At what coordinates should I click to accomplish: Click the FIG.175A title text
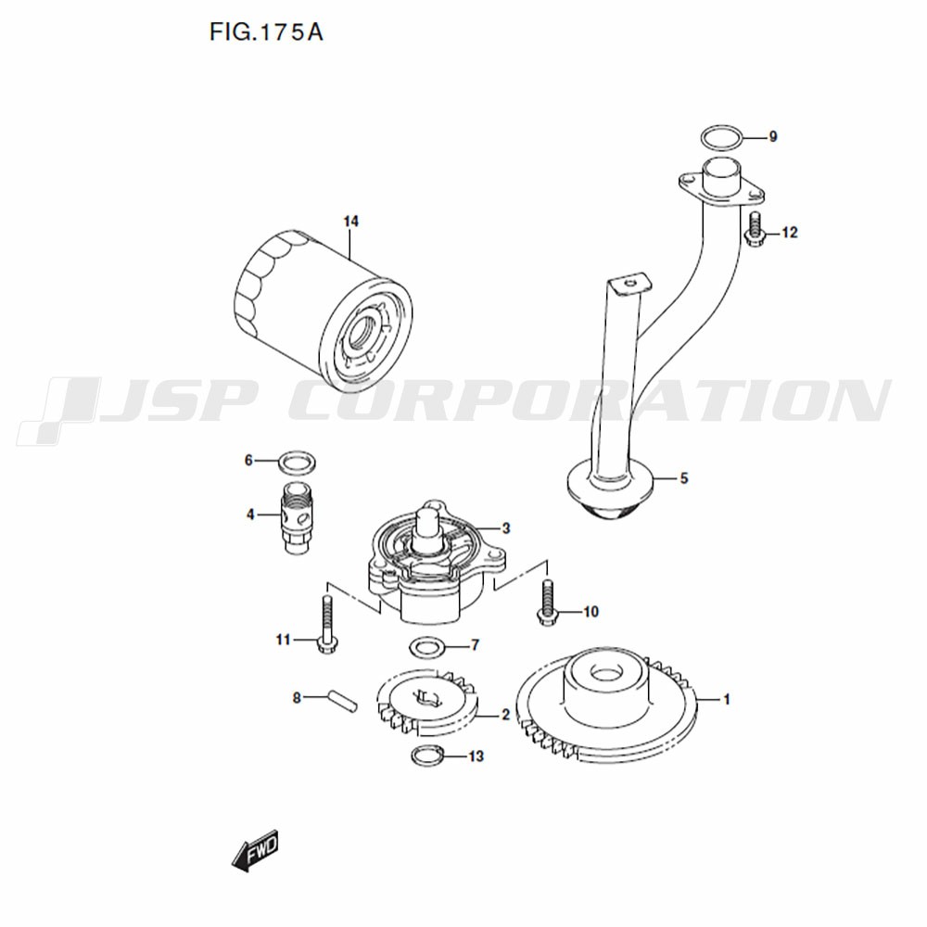coord(266,32)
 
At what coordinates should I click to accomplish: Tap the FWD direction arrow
coord(255,851)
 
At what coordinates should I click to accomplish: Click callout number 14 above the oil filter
coord(351,222)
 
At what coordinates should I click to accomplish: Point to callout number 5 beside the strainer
coord(684,477)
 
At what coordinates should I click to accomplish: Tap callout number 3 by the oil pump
coord(505,528)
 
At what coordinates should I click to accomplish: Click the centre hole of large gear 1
coord(607,674)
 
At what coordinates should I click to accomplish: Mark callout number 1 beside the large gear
coord(727,699)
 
